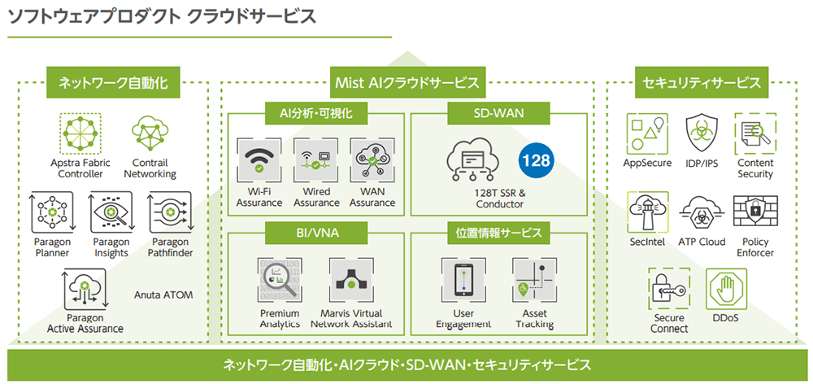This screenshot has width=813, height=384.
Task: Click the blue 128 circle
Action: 536,159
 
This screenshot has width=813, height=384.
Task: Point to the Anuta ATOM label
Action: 163,295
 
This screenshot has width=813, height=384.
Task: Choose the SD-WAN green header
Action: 498,111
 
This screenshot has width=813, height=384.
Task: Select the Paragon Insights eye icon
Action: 111,213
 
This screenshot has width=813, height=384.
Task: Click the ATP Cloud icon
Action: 702,212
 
